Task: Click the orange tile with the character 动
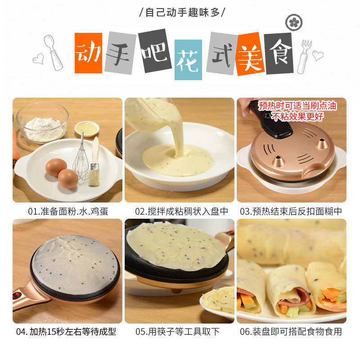coord(88,53)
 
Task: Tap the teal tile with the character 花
coord(188,60)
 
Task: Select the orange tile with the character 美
coord(250,54)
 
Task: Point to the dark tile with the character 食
coord(279,54)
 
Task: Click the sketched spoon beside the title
coord(53,52)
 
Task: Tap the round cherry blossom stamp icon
coord(294,22)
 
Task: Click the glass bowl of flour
coord(42,122)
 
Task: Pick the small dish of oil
coord(87,128)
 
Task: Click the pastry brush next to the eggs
coord(94,162)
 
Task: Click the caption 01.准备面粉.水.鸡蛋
coord(68,211)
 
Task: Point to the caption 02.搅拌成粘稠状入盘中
coord(181,211)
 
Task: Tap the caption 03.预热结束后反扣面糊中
coord(291,211)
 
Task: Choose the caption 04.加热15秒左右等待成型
coord(66,332)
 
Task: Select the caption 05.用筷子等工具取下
coord(177,332)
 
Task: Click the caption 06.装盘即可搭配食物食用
coord(291,332)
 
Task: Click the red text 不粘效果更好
coord(297,117)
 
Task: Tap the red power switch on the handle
coord(16,295)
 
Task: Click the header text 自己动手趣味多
coord(182,12)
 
